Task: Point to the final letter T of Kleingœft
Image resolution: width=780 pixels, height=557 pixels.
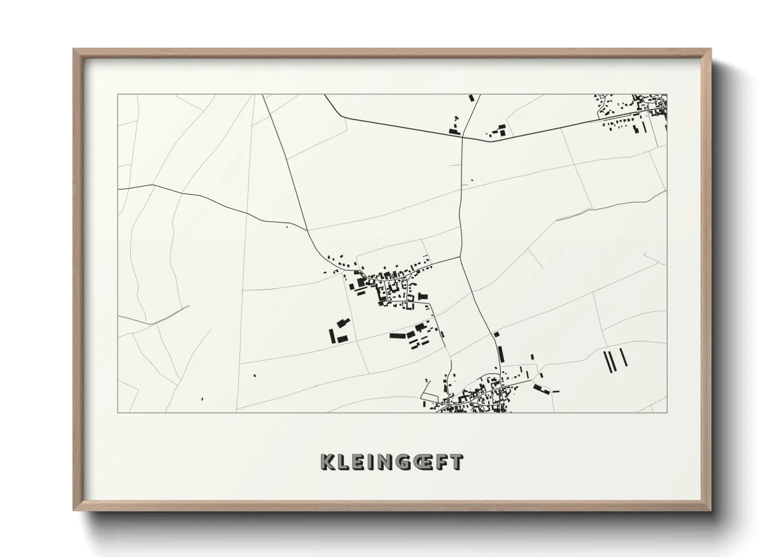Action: click(x=457, y=462)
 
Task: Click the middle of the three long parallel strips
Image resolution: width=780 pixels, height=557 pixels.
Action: click(x=613, y=361)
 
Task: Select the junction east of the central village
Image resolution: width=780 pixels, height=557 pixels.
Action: click(x=460, y=257)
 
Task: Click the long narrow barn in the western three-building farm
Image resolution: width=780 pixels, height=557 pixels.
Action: click(x=332, y=336)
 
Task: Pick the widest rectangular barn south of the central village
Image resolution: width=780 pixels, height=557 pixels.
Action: click(x=397, y=335)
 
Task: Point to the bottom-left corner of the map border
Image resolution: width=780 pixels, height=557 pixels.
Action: click(x=118, y=412)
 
